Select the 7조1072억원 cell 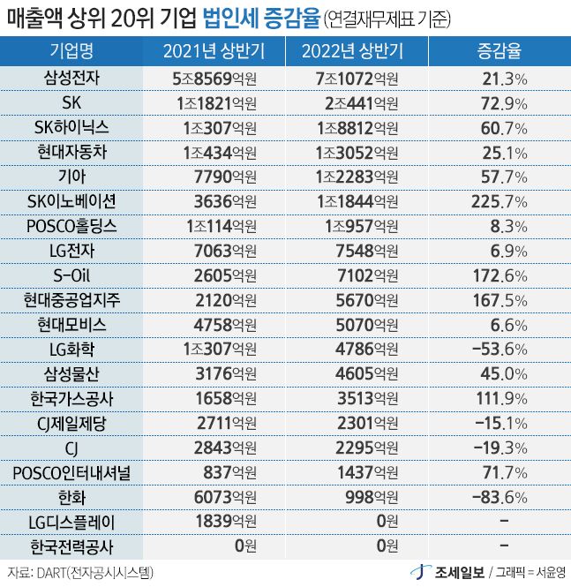pyautogui.click(x=357, y=79)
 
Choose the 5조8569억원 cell pyautogui.click(x=214, y=79)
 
